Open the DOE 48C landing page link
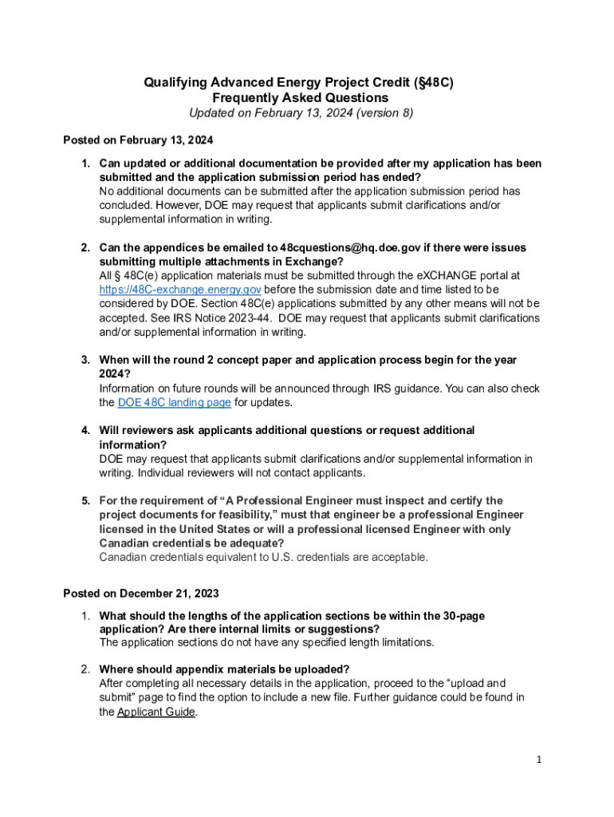pos(174,403)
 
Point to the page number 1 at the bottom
pos(539,760)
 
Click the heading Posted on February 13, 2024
pos(138,140)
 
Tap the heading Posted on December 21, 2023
pos(140,594)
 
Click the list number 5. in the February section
pos(85,501)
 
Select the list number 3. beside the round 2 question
pos(85,361)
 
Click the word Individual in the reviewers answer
pos(163,473)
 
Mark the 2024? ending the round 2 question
pos(115,374)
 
